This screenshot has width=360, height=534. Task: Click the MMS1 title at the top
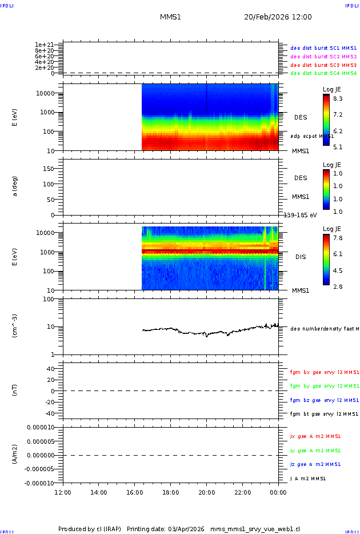170,17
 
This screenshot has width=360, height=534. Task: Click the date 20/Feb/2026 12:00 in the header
278,17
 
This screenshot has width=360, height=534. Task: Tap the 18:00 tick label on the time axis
171,492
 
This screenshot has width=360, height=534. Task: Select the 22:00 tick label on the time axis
243,492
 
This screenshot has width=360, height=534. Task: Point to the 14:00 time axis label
99,492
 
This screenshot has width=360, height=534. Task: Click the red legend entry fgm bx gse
324,372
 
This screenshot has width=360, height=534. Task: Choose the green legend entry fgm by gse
324,386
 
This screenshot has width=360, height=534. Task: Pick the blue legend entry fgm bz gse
324,400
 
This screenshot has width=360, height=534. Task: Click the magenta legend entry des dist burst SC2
323,57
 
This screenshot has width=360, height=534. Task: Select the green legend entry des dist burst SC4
323,73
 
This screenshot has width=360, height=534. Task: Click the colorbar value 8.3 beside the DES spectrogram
338,99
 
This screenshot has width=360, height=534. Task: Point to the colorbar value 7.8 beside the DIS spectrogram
338,238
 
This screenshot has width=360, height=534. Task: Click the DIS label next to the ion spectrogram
301,257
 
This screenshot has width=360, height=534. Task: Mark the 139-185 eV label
300,215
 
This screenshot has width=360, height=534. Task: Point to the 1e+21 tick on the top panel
44,45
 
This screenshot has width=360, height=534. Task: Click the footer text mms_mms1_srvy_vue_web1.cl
255,529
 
